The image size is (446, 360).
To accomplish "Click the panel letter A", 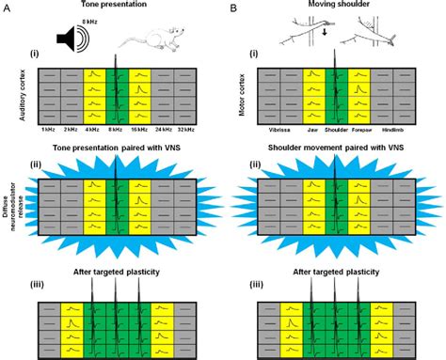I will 7,8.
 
